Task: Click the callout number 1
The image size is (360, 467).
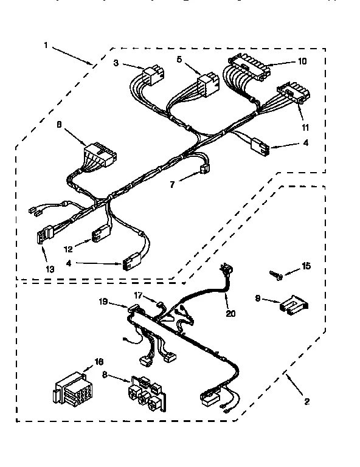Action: [x=46, y=44]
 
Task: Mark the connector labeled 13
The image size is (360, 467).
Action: [x=44, y=235]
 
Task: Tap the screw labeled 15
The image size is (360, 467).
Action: [x=276, y=275]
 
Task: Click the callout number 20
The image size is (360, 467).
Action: [x=230, y=314]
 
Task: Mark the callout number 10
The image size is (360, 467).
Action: [x=303, y=61]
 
